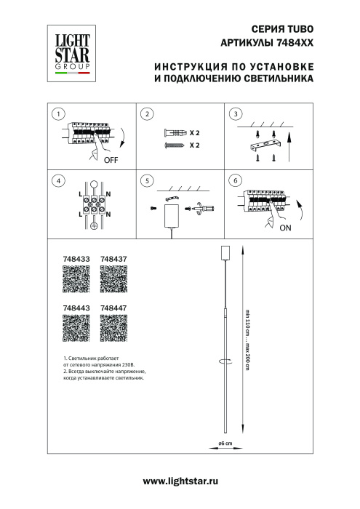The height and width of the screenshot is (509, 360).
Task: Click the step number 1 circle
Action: click(59, 115)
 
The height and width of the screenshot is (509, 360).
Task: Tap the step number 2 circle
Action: click(148, 115)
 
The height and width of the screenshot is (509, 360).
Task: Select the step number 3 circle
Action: click(235, 115)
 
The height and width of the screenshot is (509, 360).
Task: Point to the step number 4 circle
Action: click(59, 180)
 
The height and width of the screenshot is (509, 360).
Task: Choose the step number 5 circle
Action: click(148, 180)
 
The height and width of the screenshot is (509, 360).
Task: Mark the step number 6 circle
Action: click(235, 180)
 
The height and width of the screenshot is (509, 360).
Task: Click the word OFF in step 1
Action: click(111, 160)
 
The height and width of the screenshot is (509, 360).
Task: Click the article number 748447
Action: click(113, 308)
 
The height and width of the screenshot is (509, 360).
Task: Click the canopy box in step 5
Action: click(172, 215)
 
